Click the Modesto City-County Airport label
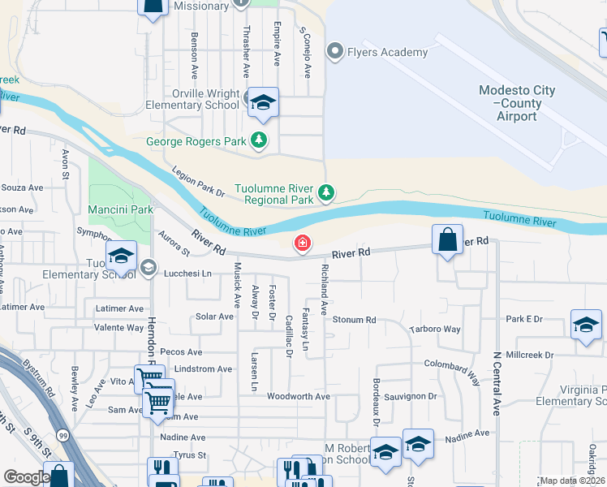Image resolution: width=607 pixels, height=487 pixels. click(x=517, y=103)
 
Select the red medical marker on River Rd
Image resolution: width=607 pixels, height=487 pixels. click(x=303, y=242)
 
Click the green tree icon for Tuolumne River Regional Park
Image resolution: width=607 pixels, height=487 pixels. click(x=325, y=192)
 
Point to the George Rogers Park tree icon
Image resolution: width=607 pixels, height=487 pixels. click(x=259, y=141)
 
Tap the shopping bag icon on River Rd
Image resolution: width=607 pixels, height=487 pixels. click(x=447, y=239)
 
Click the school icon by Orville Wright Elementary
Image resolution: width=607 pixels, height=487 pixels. click(x=263, y=101)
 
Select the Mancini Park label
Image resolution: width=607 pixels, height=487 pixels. click(x=118, y=209)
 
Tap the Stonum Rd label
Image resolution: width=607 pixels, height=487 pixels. click(x=355, y=320)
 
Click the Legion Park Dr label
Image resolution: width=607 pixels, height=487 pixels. click(x=199, y=182)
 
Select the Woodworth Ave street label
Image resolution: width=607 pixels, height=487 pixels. click(x=299, y=396)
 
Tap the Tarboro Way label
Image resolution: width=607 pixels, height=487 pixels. click(x=435, y=330)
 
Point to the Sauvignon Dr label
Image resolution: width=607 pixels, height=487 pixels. click(x=410, y=396)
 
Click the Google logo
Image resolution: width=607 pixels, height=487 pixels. click(x=26, y=477)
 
